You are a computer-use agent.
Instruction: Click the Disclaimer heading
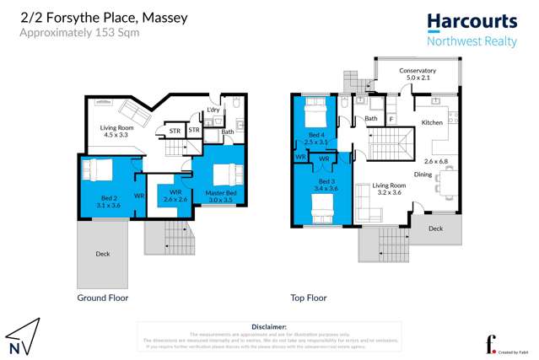pyautogui.click(x=268, y=325)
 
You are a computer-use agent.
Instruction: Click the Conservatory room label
pyautogui.click(x=418, y=71)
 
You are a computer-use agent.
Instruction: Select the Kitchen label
pyautogui.click(x=432, y=123)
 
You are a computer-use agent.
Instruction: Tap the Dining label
pyautogui.click(x=423, y=175)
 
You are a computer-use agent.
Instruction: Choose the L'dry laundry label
pyautogui.click(x=213, y=110)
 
